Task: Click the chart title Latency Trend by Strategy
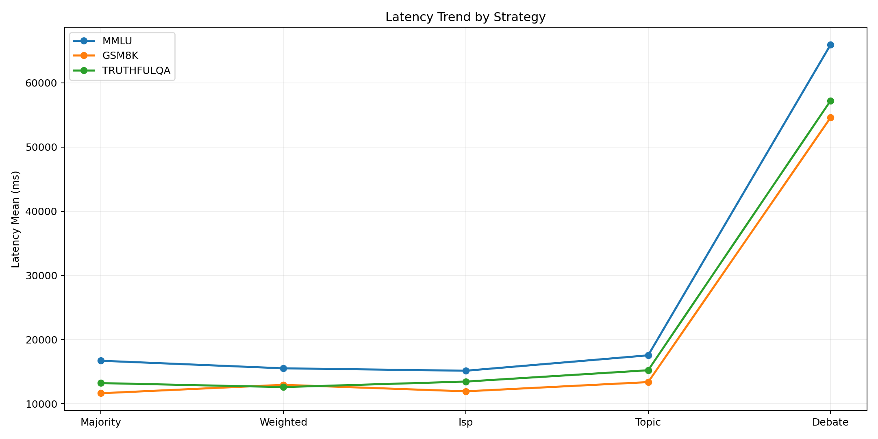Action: (465, 17)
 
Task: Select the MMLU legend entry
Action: (117, 41)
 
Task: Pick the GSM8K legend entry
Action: (120, 56)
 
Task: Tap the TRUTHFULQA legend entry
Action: (136, 70)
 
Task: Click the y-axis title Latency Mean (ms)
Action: (15, 219)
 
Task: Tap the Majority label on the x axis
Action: (101, 422)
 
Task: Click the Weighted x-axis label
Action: (283, 422)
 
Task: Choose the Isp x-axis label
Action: (466, 422)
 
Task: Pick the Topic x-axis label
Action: (648, 422)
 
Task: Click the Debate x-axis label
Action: (830, 422)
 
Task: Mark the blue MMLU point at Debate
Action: (830, 45)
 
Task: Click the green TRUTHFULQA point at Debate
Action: (830, 101)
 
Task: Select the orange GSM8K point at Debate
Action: (830, 117)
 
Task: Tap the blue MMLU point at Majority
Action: (101, 361)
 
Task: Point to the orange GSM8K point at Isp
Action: (466, 391)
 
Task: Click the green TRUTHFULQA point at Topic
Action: (648, 370)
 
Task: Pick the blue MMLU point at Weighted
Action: (283, 368)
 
